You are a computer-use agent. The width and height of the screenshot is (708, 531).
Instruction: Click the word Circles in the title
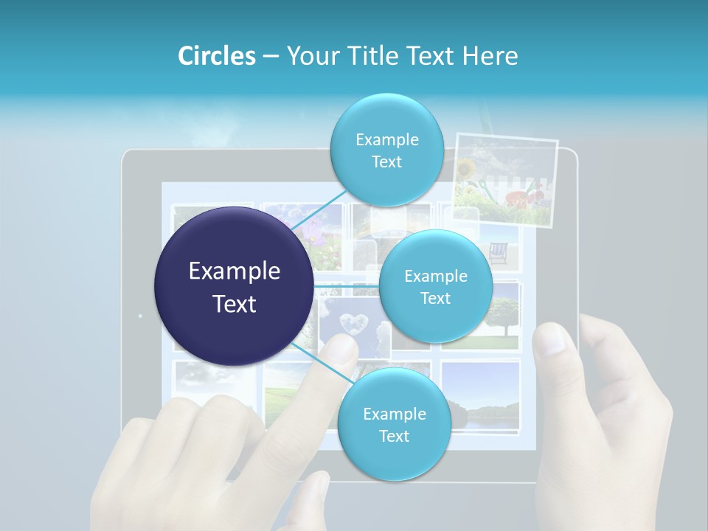click(x=216, y=56)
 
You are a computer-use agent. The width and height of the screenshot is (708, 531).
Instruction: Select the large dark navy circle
click(x=234, y=286)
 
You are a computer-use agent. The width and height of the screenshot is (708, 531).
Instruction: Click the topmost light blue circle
click(x=386, y=150)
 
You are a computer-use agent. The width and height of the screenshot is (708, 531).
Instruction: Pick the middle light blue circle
click(x=435, y=286)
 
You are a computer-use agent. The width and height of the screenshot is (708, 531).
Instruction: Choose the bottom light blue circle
click(x=394, y=424)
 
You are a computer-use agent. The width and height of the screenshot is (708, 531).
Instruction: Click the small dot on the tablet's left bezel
click(x=140, y=316)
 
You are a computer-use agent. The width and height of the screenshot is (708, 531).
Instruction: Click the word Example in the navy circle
click(x=234, y=271)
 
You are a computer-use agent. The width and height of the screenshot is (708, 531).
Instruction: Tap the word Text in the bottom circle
click(x=394, y=436)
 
